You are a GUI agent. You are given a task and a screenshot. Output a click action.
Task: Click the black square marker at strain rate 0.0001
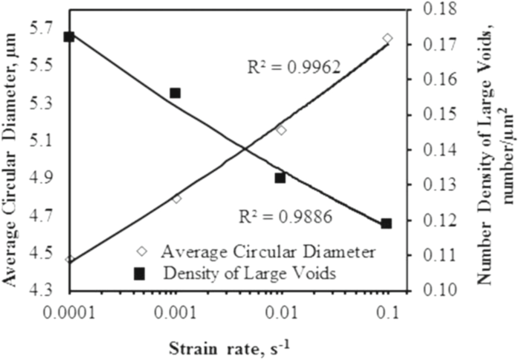pyautogui.click(x=69, y=37)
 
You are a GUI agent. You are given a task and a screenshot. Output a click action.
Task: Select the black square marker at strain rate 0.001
pyautogui.click(x=175, y=93)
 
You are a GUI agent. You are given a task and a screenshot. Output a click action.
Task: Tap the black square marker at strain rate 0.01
pyautogui.click(x=280, y=178)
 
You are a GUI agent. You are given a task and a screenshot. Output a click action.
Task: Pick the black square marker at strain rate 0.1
pyautogui.click(x=386, y=224)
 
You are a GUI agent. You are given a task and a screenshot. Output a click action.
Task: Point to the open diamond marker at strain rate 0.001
pyautogui.click(x=177, y=199)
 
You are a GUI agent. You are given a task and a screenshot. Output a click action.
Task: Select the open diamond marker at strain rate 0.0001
pyautogui.click(x=70, y=259)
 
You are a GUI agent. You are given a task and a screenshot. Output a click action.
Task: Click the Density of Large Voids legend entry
pyautogui.click(x=249, y=273)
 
